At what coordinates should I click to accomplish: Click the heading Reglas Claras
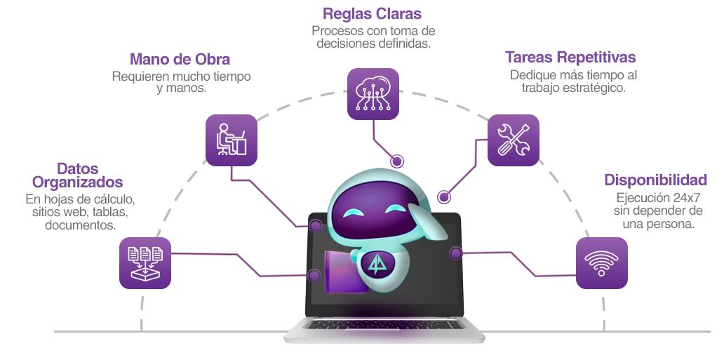pos(373,14)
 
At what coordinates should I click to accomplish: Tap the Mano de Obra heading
pos(180,59)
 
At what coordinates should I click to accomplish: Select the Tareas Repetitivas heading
pos(570,57)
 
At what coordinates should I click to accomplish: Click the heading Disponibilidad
pos(655,180)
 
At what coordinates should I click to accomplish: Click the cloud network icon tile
pos(373,93)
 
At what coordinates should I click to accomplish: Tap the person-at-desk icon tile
pos(232,140)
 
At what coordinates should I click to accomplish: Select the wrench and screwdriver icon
pos(513,140)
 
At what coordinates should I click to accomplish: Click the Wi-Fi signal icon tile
pos(601,263)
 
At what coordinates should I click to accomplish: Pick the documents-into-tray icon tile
pos(145,263)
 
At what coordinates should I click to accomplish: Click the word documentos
pos(80,225)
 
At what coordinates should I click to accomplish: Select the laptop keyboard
pos(384,326)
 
